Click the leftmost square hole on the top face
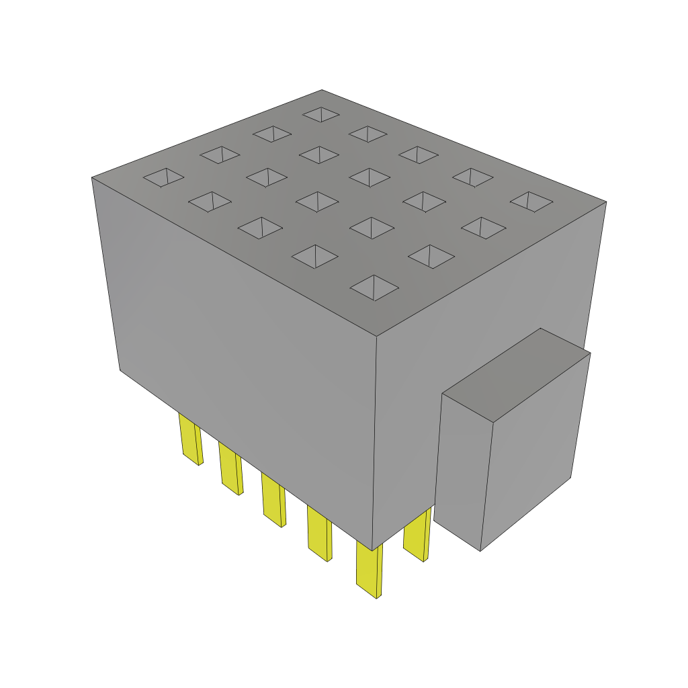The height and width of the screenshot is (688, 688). [x=163, y=177]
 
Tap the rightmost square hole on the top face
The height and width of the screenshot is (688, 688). [x=531, y=201]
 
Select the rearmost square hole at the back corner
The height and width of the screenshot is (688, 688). [x=321, y=114]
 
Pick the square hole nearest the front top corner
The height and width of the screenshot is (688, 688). [x=374, y=288]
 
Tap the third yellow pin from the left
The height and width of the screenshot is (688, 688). [x=273, y=500]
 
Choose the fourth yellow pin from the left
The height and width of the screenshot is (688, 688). [x=318, y=533]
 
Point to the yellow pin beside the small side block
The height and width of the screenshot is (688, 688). [x=417, y=536]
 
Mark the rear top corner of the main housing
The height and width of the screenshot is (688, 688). [x=321, y=89]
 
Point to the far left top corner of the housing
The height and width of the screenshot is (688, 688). [x=91, y=177]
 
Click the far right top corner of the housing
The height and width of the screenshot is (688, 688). [x=607, y=202]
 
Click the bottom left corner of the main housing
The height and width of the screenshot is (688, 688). [x=120, y=370]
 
